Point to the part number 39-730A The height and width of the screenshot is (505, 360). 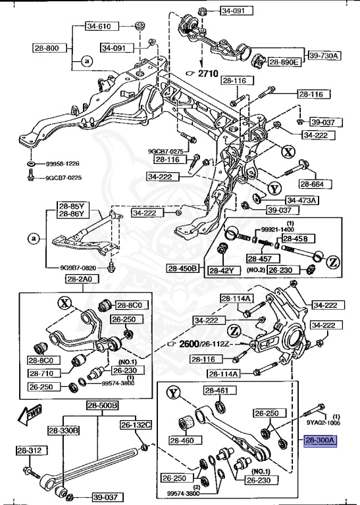[x=323, y=56]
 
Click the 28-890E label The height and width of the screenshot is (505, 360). [x=284, y=62]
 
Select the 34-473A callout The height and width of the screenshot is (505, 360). [x=302, y=200]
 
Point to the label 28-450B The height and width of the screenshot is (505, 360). [x=182, y=269]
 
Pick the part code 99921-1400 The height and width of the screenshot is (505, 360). [x=276, y=229]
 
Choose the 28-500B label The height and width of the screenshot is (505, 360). [x=102, y=405]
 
